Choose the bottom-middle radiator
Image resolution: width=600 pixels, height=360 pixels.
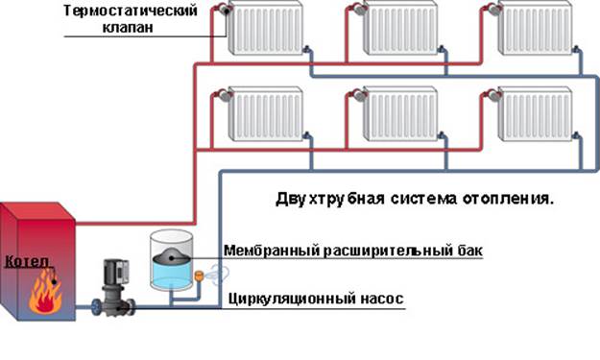tap(399, 114)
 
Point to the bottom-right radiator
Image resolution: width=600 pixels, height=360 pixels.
tap(535, 114)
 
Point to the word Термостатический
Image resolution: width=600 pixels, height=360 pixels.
tap(137, 11)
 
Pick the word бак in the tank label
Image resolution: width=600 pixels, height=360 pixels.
tap(468, 251)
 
